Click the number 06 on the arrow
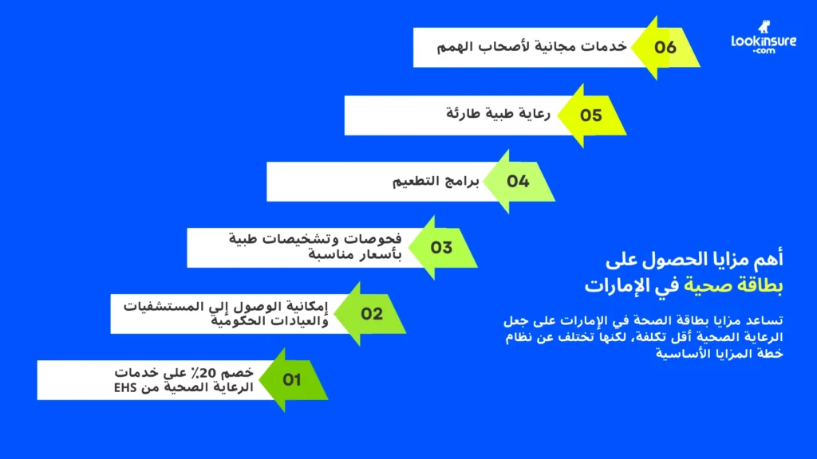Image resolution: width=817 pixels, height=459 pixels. point(665,47)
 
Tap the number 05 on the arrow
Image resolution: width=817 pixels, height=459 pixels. point(590,116)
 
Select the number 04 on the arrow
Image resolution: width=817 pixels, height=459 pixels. point(518,182)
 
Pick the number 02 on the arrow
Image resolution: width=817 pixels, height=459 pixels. point(372,314)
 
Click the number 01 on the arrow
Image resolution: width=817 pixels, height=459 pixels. point(292,380)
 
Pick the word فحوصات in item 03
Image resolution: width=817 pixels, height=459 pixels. point(374,239)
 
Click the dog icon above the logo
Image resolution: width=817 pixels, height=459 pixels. point(785,25)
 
